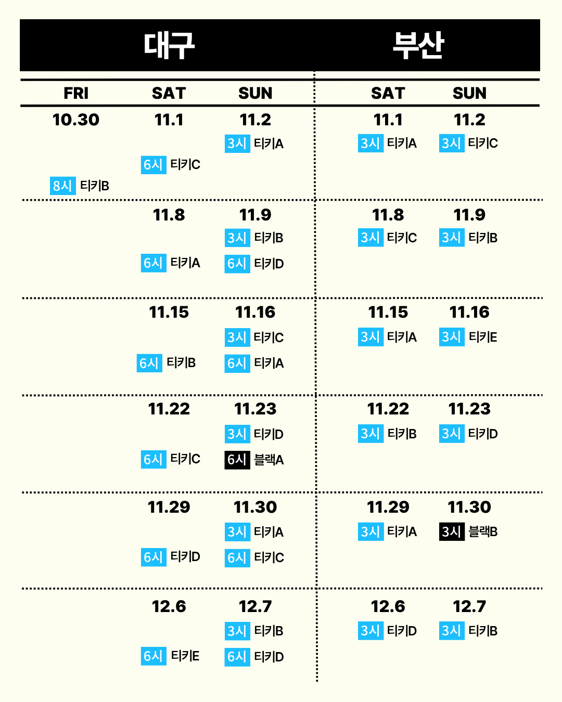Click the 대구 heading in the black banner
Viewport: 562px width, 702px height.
coord(169,45)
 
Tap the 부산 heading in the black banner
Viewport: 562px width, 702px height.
coord(418,45)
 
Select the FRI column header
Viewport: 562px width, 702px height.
coord(76,93)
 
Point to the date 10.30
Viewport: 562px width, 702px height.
coord(76,120)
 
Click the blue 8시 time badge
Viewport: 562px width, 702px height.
coord(62,186)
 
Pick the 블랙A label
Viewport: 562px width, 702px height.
coord(269,460)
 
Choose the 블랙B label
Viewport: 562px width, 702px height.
coord(483,531)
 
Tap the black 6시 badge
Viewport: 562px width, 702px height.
coord(237,460)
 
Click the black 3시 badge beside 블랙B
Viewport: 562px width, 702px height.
coord(451,531)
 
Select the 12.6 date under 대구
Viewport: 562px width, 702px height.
coord(169,606)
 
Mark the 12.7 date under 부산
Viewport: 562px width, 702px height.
coord(469,606)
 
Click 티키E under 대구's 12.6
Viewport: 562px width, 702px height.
coord(185,656)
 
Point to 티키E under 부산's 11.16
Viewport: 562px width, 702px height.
coord(483,337)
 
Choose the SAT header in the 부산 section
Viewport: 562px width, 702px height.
coord(388,93)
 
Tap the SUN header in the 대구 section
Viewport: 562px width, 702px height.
coord(255,93)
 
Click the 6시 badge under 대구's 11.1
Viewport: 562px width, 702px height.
coord(153,165)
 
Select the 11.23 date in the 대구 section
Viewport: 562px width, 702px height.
coord(255,409)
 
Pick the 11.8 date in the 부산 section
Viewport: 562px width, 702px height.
coord(388,215)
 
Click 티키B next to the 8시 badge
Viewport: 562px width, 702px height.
coord(95,186)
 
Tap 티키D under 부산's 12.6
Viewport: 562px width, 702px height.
coord(402,631)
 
